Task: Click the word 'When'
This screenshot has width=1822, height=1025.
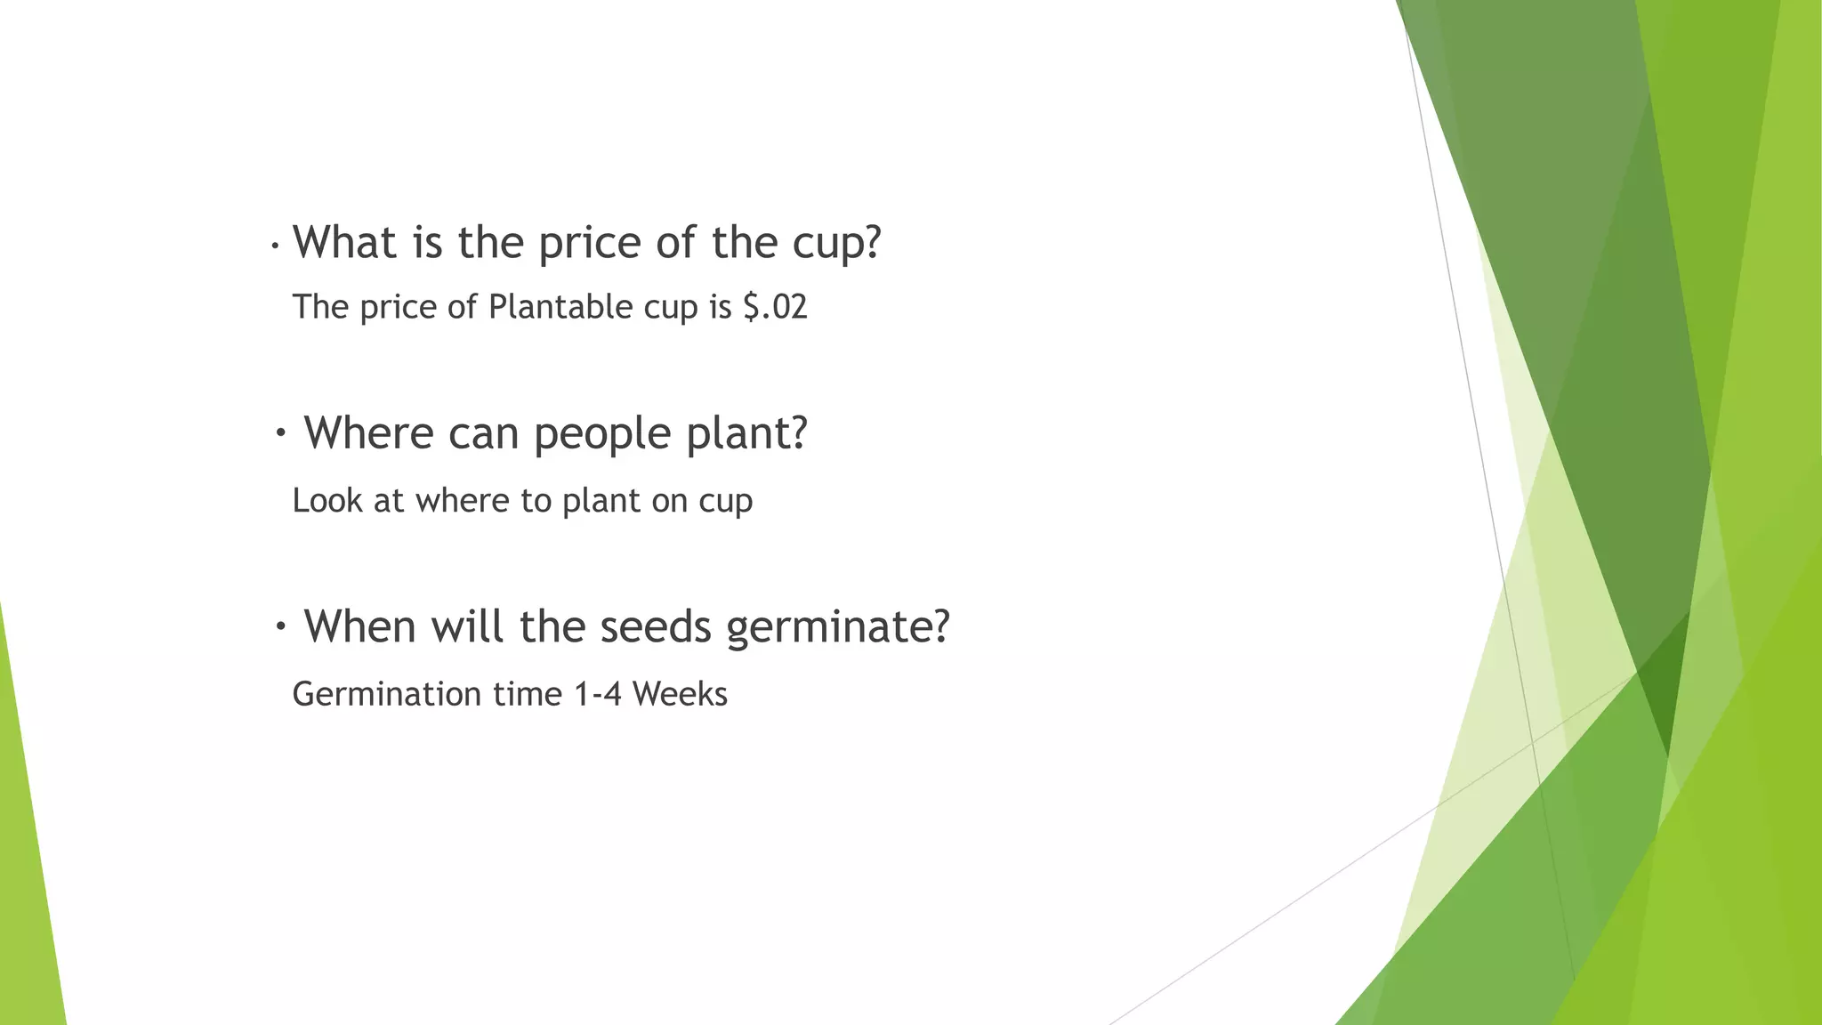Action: [360, 626]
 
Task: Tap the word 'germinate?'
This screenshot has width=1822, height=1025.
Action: [838, 628]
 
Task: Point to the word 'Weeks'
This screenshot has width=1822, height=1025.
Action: [680, 694]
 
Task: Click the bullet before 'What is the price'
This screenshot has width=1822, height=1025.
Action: [276, 245]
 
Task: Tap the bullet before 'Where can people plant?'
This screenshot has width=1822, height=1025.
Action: [281, 434]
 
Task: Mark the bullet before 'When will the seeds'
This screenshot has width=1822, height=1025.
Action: [281, 627]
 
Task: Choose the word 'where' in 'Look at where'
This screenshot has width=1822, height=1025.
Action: [463, 501]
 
